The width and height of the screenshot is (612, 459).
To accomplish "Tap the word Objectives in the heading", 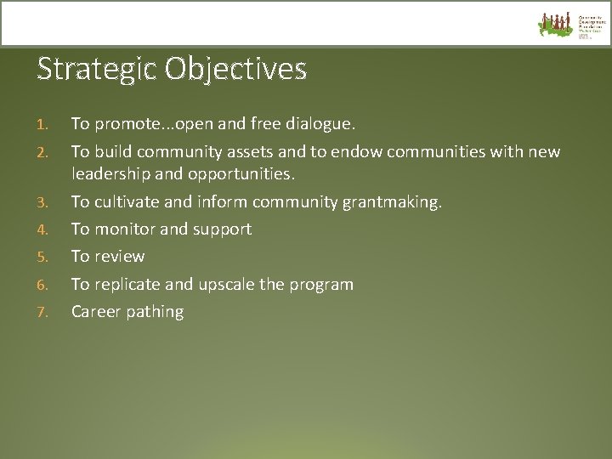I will click(x=236, y=69).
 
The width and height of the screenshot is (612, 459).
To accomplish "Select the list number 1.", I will click(x=42, y=125).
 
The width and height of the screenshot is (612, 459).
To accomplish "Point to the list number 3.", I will click(x=42, y=202).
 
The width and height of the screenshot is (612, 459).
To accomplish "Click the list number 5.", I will click(x=42, y=257).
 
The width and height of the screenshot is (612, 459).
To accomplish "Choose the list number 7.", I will click(x=42, y=312).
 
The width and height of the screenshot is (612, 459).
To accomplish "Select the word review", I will click(x=120, y=256).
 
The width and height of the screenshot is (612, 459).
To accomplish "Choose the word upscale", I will click(x=229, y=284).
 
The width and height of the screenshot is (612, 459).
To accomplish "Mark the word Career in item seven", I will click(x=95, y=311).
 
